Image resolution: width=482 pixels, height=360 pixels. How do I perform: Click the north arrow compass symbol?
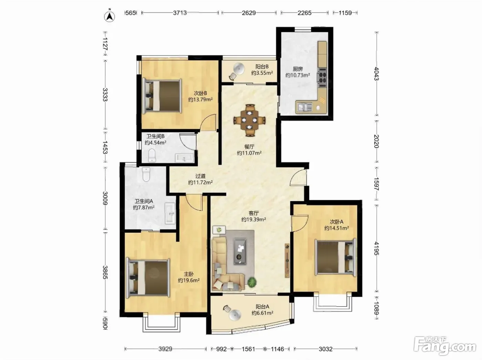pyautogui.click(x=109, y=16)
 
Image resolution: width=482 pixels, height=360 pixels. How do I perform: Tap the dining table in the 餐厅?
pyautogui.click(x=250, y=120)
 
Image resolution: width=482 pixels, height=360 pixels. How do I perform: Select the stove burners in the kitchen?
pyautogui.click(x=322, y=77)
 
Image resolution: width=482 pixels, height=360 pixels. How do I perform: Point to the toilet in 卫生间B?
pyautogui.click(x=152, y=155)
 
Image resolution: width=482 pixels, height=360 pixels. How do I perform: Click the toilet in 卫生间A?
pyautogui.click(x=146, y=174)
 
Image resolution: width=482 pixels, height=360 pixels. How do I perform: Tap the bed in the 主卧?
pyautogui.click(x=148, y=278)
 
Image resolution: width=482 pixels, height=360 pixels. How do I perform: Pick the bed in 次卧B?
pyautogui.click(x=162, y=96)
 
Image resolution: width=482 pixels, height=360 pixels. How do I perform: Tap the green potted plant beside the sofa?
pyautogui.click(x=252, y=282)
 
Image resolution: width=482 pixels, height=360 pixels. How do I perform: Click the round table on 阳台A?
pyautogui.click(x=235, y=316)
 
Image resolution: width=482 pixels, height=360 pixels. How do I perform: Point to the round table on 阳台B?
pyautogui.click(x=239, y=68)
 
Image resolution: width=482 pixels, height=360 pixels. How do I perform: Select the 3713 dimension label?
pyautogui.click(x=180, y=13)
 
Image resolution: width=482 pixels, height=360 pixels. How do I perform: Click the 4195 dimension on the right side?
pyautogui.click(x=376, y=248)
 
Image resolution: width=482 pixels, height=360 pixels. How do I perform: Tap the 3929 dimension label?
pyautogui.click(x=165, y=349)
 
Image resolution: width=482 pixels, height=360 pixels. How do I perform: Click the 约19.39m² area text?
pyautogui.click(x=254, y=219)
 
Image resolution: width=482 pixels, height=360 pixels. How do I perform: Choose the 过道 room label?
pyautogui.click(x=200, y=176)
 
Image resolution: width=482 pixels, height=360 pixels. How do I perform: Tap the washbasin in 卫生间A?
pyautogui.click(x=170, y=213)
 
